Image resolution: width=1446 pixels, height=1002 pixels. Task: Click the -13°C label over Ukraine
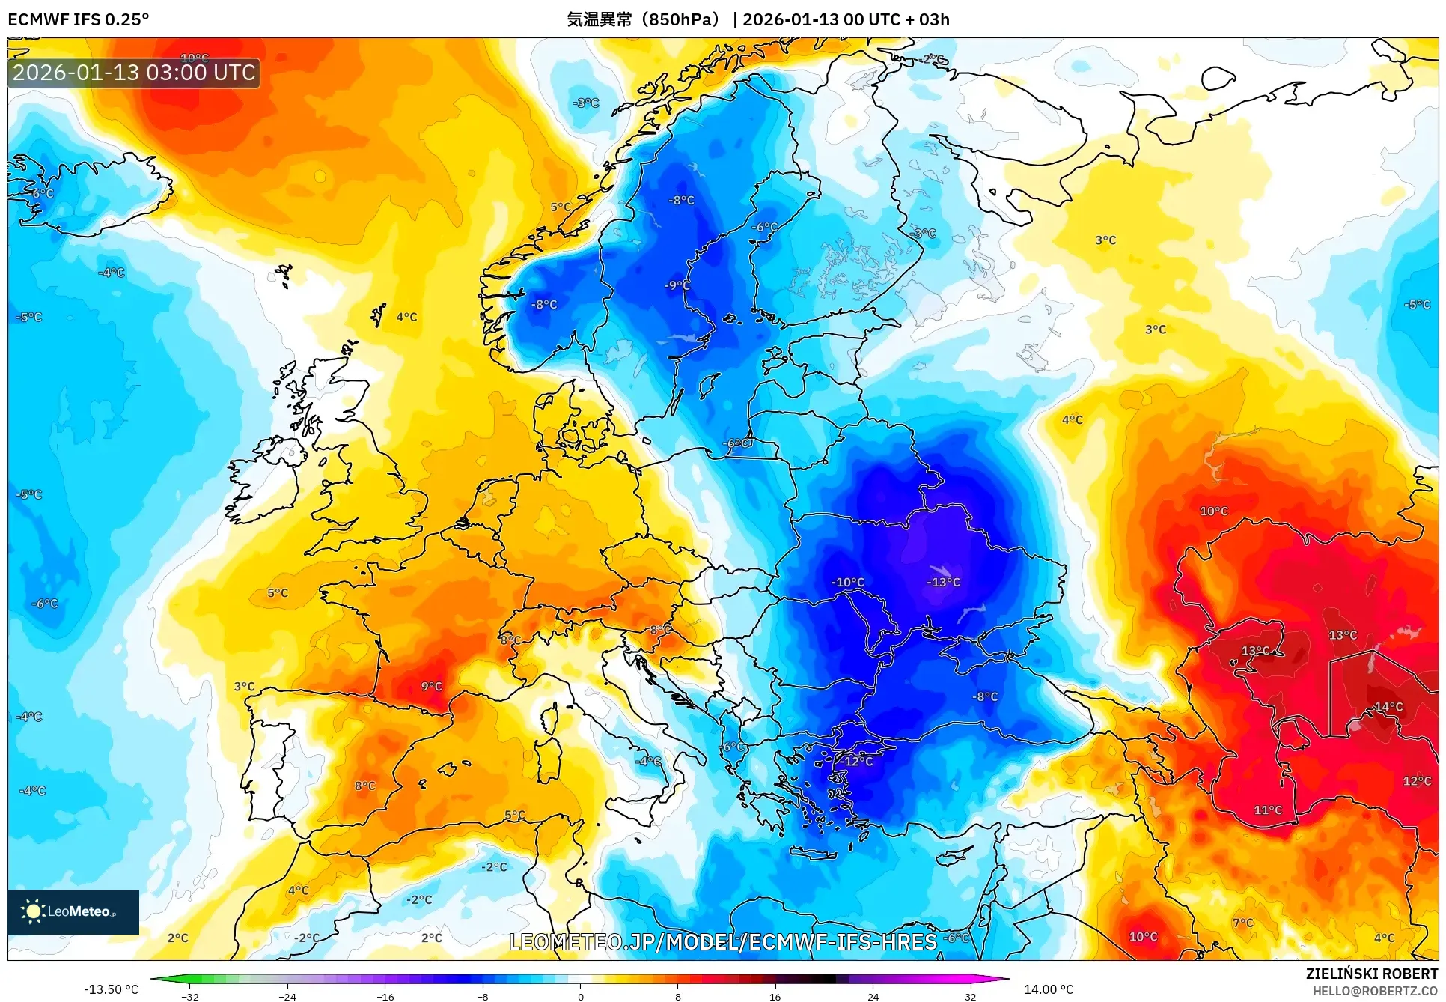click(x=943, y=582)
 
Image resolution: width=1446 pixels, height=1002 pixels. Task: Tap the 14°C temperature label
click(x=1388, y=707)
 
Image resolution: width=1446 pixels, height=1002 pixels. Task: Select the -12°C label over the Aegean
click(x=858, y=761)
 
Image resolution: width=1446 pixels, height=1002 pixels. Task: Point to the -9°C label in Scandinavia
click(x=677, y=285)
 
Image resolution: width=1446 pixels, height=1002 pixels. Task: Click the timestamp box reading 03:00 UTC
click(x=134, y=73)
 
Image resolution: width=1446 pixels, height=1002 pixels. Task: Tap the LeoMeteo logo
click(x=73, y=911)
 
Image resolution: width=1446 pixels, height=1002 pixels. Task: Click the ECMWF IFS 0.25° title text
click(x=79, y=19)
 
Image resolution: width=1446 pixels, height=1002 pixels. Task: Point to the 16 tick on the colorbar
click(x=775, y=996)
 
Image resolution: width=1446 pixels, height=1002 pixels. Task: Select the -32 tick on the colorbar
click(x=190, y=996)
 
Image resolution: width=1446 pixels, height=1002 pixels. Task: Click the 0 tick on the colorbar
click(x=580, y=996)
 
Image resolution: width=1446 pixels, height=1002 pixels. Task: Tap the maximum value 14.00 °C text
click(x=1049, y=989)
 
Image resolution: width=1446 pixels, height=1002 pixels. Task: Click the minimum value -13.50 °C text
click(x=111, y=989)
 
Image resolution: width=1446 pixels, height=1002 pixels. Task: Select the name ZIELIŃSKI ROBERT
click(x=1371, y=974)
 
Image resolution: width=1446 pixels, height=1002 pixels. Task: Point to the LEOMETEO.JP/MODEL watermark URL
click(x=723, y=941)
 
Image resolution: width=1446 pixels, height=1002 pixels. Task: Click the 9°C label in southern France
click(x=431, y=686)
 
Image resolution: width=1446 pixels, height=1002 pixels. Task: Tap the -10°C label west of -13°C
click(x=847, y=582)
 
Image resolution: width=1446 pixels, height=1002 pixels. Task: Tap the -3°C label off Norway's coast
click(x=585, y=103)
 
